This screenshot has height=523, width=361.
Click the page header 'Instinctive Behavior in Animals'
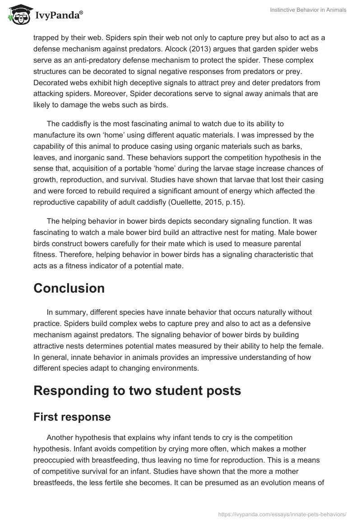(x=307, y=10)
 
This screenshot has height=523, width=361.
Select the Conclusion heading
(x=69, y=288)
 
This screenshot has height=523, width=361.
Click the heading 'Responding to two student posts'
(x=137, y=390)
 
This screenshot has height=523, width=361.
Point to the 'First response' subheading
(x=72, y=417)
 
